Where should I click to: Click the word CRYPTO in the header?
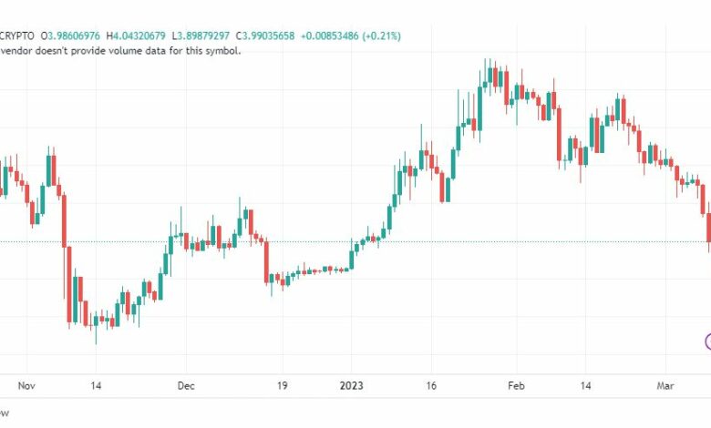17,35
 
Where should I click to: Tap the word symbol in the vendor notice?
220,51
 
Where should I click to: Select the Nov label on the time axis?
27,386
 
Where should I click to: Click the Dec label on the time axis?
186,386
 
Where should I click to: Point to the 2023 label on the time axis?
352,386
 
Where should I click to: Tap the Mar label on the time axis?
665,386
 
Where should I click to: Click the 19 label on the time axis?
283,386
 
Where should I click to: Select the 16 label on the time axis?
432,386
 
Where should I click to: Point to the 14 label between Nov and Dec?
95,386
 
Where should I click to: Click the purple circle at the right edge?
708,342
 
